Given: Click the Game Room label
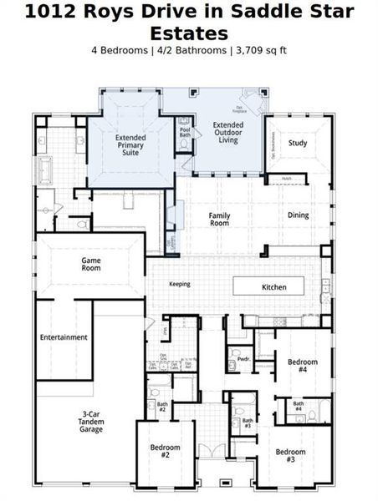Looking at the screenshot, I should (91, 265).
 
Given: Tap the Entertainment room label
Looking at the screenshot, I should (64, 337).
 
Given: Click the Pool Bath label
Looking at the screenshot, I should (185, 131).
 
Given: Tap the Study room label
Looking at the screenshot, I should (298, 143).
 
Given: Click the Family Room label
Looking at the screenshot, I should (219, 219).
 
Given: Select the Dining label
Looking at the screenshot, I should (298, 215).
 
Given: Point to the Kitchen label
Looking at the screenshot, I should (273, 287).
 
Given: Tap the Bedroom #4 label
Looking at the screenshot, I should (303, 366).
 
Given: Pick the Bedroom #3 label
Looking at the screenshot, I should (291, 456).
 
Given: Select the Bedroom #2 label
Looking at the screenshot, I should (166, 452).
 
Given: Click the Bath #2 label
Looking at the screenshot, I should (162, 407).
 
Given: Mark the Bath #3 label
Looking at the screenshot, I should (247, 423).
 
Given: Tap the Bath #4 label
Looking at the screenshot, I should (298, 407).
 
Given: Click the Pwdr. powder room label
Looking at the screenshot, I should (244, 359).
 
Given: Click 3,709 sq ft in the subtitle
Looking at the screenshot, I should (260, 50).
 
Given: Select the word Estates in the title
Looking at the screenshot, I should (188, 33).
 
